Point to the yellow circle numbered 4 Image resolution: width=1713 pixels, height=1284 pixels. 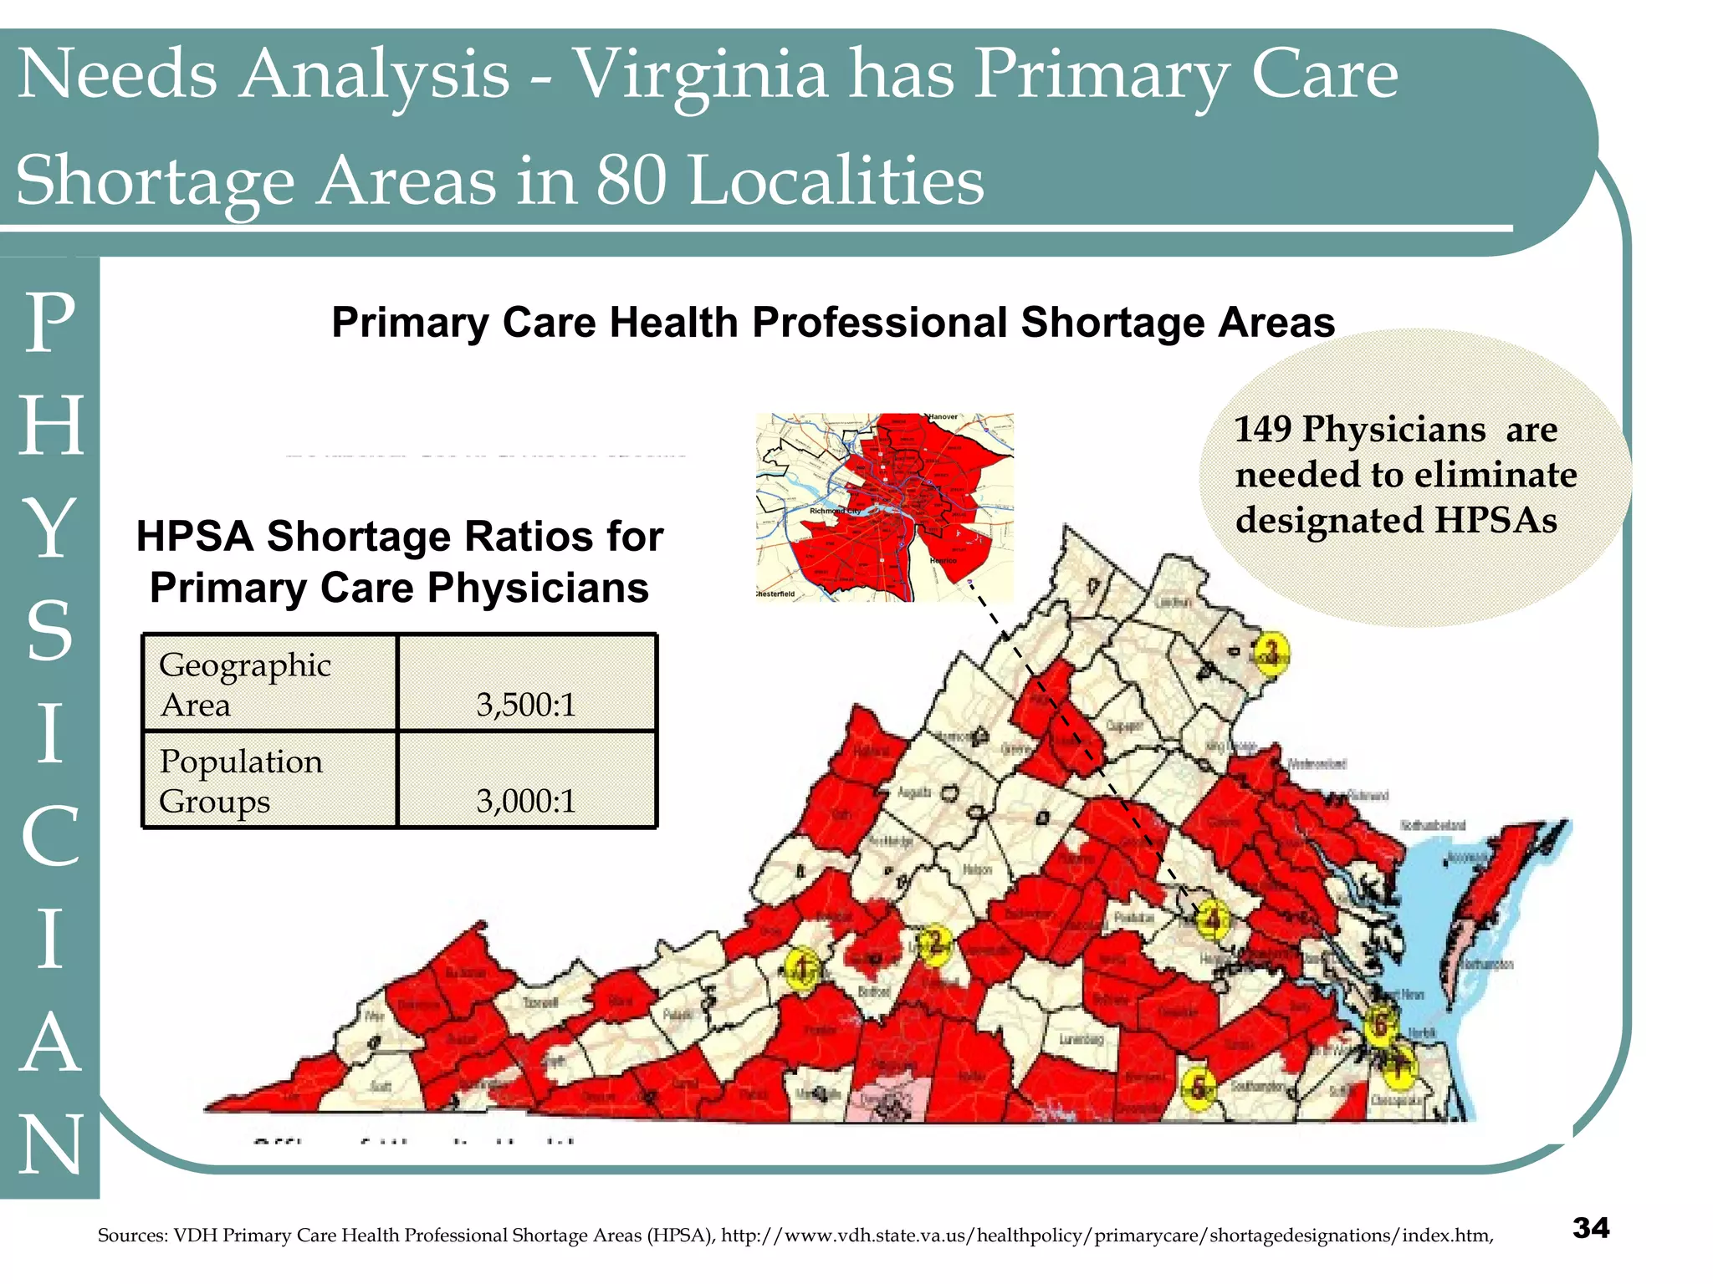[1212, 920]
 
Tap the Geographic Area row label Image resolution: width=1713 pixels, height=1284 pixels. [244, 684]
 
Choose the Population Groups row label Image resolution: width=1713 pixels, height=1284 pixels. [241, 781]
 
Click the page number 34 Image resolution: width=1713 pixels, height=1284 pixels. [1590, 1227]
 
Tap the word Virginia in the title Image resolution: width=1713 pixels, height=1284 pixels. [707, 75]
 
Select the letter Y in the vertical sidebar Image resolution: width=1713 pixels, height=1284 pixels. [50, 528]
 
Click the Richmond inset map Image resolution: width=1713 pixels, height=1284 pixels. [884, 507]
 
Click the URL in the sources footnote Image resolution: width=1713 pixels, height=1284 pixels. [1107, 1236]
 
